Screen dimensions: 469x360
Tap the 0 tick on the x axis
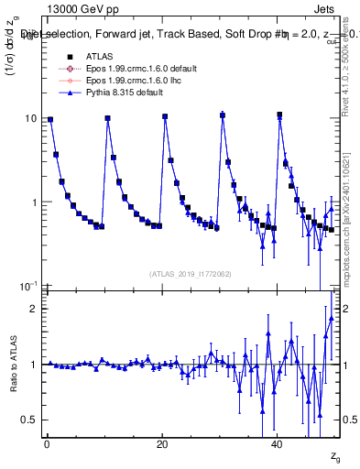point(46,445)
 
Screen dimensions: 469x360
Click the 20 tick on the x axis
point(162,445)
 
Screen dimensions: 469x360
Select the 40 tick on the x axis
point(278,445)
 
